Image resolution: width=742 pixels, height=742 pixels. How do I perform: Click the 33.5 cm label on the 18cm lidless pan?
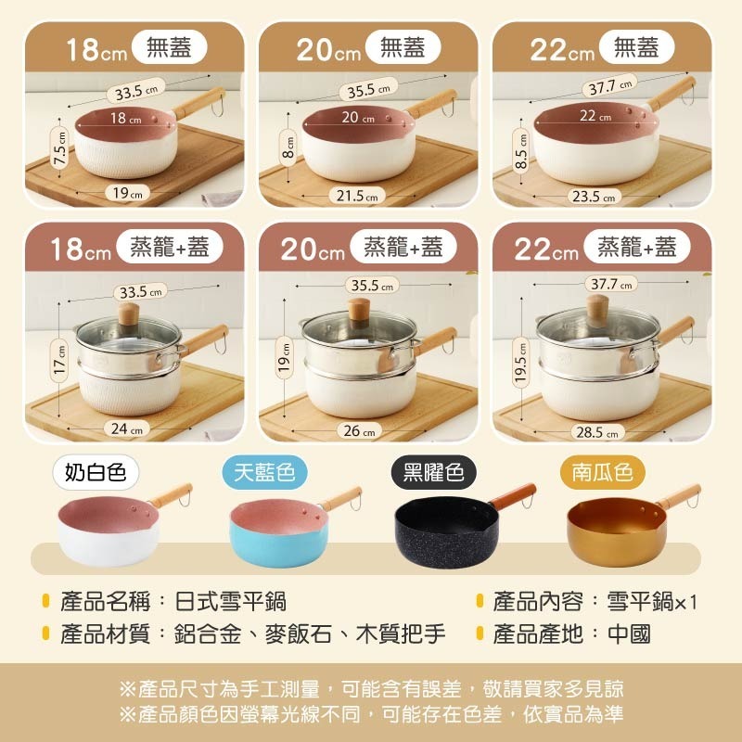135,92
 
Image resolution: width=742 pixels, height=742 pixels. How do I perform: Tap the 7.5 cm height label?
60,146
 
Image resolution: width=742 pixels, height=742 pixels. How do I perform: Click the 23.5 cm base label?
595,196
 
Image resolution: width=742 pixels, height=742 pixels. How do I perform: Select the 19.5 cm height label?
521,365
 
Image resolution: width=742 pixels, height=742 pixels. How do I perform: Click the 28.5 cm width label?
597,431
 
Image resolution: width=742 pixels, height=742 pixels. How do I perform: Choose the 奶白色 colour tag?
96,473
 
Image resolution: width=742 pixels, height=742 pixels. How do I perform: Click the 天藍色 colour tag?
263,473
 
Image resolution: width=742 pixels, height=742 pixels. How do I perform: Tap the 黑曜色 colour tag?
433,473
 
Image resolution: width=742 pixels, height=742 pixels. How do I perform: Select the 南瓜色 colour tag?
602,473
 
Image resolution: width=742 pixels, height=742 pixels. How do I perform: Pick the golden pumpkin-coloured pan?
612,532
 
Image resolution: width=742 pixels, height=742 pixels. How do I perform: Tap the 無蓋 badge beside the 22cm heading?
636,46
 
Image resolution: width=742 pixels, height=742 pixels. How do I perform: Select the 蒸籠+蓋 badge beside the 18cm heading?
170,246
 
